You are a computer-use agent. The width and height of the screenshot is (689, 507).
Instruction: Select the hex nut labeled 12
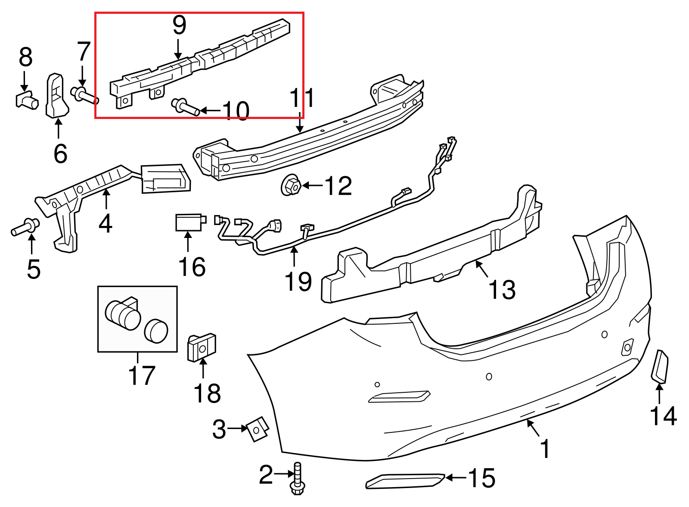coord(292,186)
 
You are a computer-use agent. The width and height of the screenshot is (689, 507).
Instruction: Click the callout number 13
coord(502,289)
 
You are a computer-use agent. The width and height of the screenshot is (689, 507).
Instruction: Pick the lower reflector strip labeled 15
coord(405,481)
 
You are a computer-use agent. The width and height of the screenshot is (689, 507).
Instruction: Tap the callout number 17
coord(142,375)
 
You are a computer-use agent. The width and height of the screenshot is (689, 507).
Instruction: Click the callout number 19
coord(298,282)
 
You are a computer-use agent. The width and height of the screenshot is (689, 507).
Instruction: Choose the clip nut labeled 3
coord(257,429)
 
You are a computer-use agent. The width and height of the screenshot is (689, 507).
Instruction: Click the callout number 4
coord(106,223)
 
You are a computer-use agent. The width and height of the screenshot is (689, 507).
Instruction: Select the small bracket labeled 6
coord(56,96)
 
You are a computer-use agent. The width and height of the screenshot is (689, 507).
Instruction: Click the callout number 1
coord(545,449)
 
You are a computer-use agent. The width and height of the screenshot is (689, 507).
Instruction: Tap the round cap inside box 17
coord(156,331)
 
